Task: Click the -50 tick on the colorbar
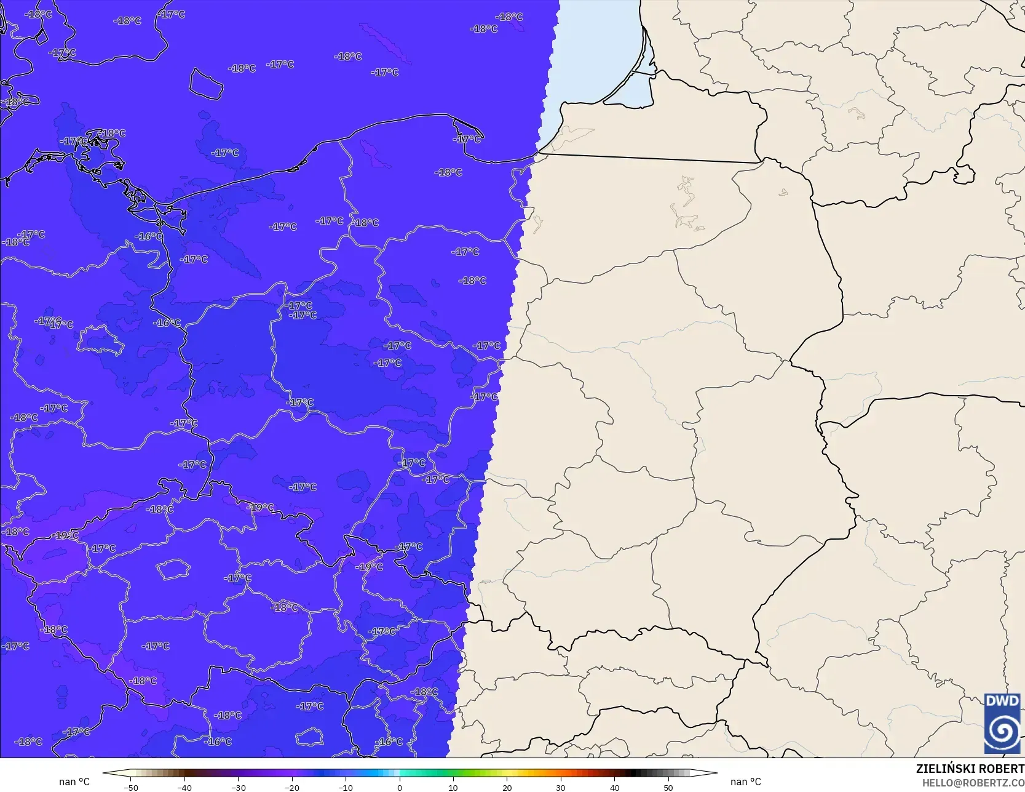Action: pyautogui.click(x=130, y=787)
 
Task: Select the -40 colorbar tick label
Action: pyautogui.click(x=184, y=787)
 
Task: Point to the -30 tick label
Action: pyautogui.click(x=238, y=787)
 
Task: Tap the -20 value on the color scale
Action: pyautogui.click(x=292, y=787)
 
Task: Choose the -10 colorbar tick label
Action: pyautogui.click(x=346, y=787)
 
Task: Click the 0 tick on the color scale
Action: pyautogui.click(x=400, y=787)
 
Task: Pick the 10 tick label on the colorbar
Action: pyautogui.click(x=453, y=787)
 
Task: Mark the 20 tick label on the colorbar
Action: pyautogui.click(x=507, y=787)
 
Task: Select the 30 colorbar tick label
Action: pyautogui.click(x=561, y=787)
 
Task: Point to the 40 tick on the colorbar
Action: pyautogui.click(x=615, y=787)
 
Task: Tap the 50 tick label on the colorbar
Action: pyautogui.click(x=668, y=787)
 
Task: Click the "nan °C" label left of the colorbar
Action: pyautogui.click(x=74, y=782)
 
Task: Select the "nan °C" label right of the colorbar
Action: pyautogui.click(x=746, y=782)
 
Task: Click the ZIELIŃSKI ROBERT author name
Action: pyautogui.click(x=970, y=769)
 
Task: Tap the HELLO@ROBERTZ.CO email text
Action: pyautogui.click(x=973, y=782)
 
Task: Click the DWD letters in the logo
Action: pyautogui.click(x=1002, y=701)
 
